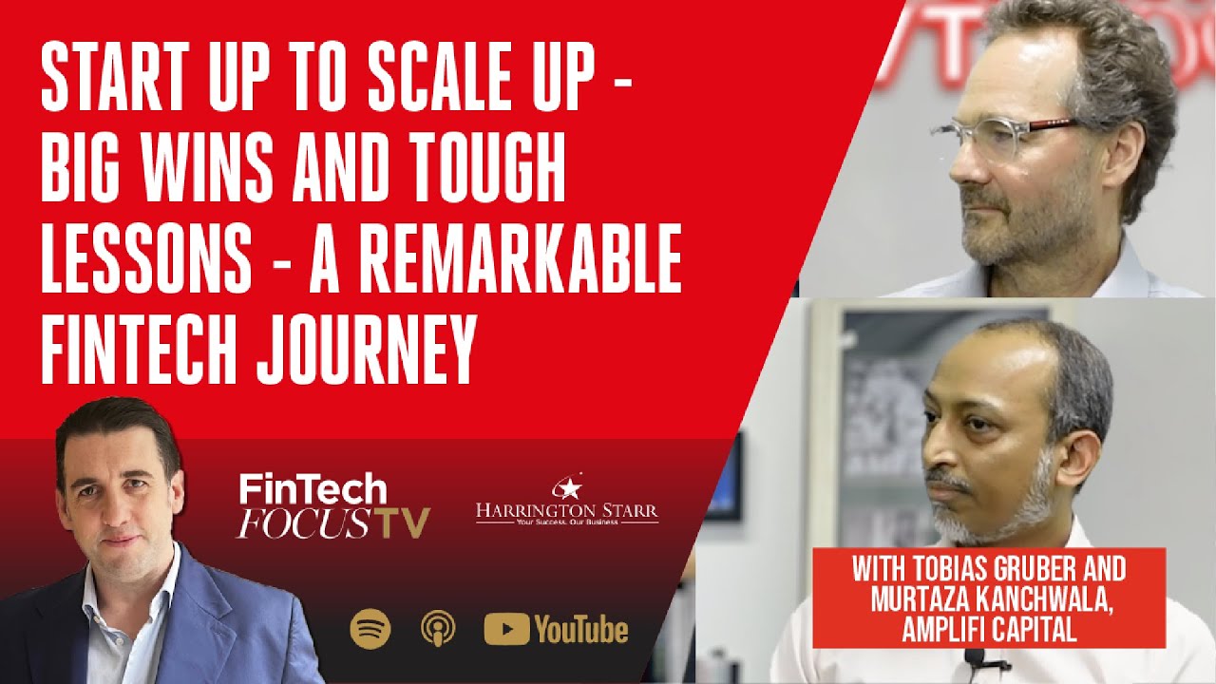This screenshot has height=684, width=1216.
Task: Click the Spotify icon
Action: pyautogui.click(x=370, y=629)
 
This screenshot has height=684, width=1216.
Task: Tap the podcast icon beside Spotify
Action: pyautogui.click(x=438, y=629)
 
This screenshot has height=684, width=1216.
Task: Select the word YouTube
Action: pyautogui.click(x=580, y=629)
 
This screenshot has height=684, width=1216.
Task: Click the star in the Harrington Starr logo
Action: pyautogui.click(x=568, y=489)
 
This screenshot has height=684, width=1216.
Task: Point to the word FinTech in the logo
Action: pyautogui.click(x=313, y=490)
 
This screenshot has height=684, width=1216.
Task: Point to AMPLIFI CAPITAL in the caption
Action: pyautogui.click(x=992, y=632)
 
